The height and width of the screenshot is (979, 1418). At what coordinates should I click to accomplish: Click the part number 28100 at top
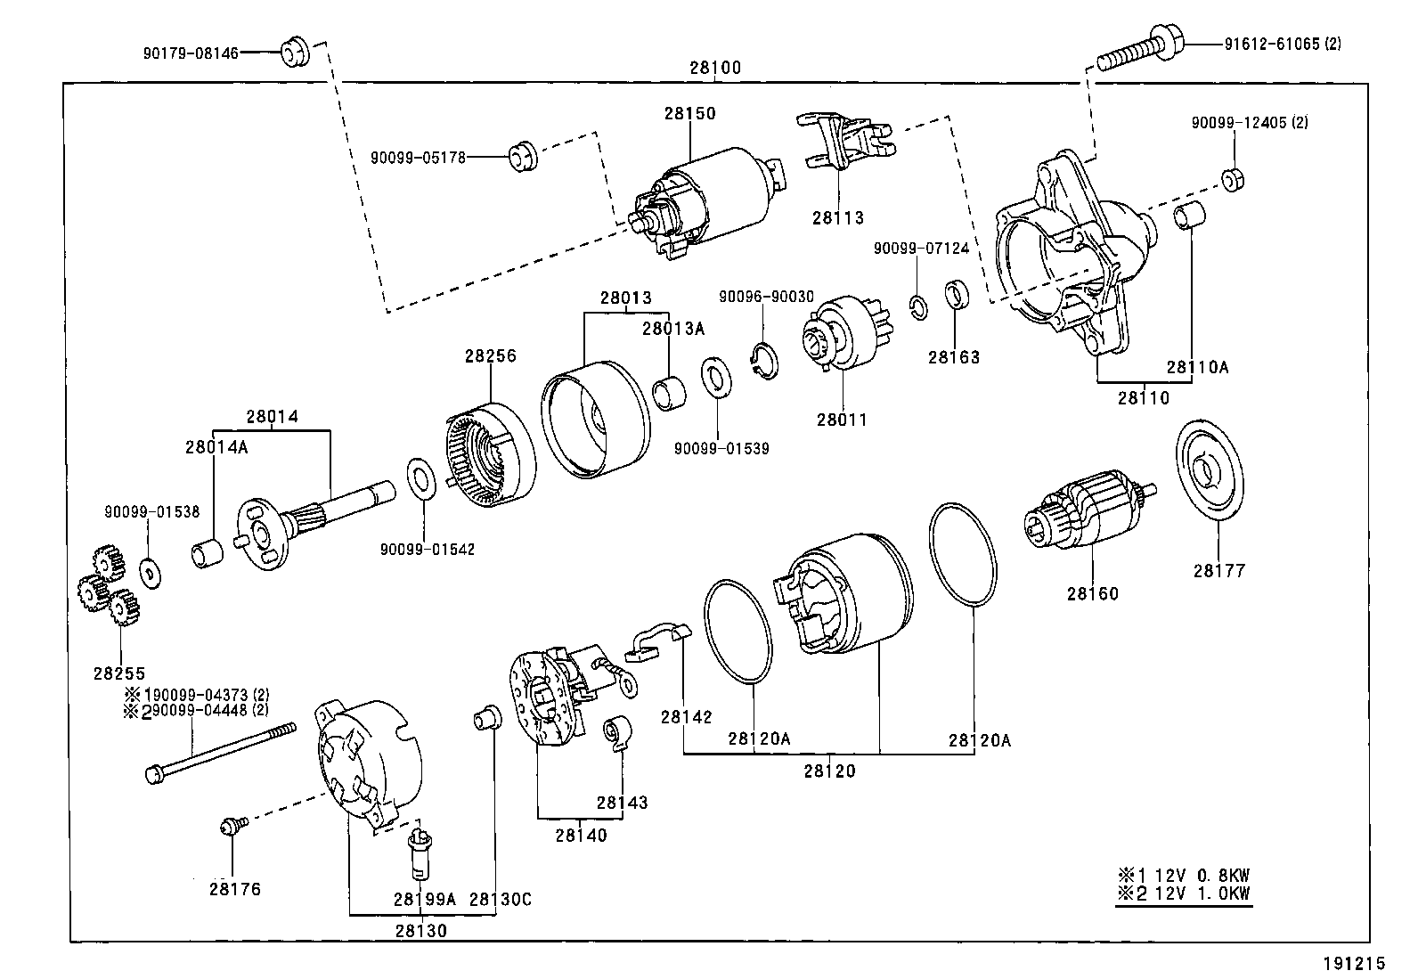714,68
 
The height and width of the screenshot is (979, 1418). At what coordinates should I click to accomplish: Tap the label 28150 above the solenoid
689,113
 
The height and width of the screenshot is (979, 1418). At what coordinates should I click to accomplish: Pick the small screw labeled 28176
230,828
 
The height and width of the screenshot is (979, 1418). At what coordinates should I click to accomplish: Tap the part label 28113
837,217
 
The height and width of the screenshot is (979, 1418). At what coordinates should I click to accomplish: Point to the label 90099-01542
427,550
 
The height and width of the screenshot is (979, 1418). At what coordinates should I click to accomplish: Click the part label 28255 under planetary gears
118,673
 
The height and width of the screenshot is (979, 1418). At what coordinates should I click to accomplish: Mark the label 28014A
216,447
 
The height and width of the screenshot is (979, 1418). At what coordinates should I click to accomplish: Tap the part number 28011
842,420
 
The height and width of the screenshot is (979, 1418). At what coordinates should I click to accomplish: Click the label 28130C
500,900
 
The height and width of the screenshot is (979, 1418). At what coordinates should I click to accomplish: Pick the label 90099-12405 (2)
1250,122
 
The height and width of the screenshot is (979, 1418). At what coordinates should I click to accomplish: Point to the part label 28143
623,803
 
